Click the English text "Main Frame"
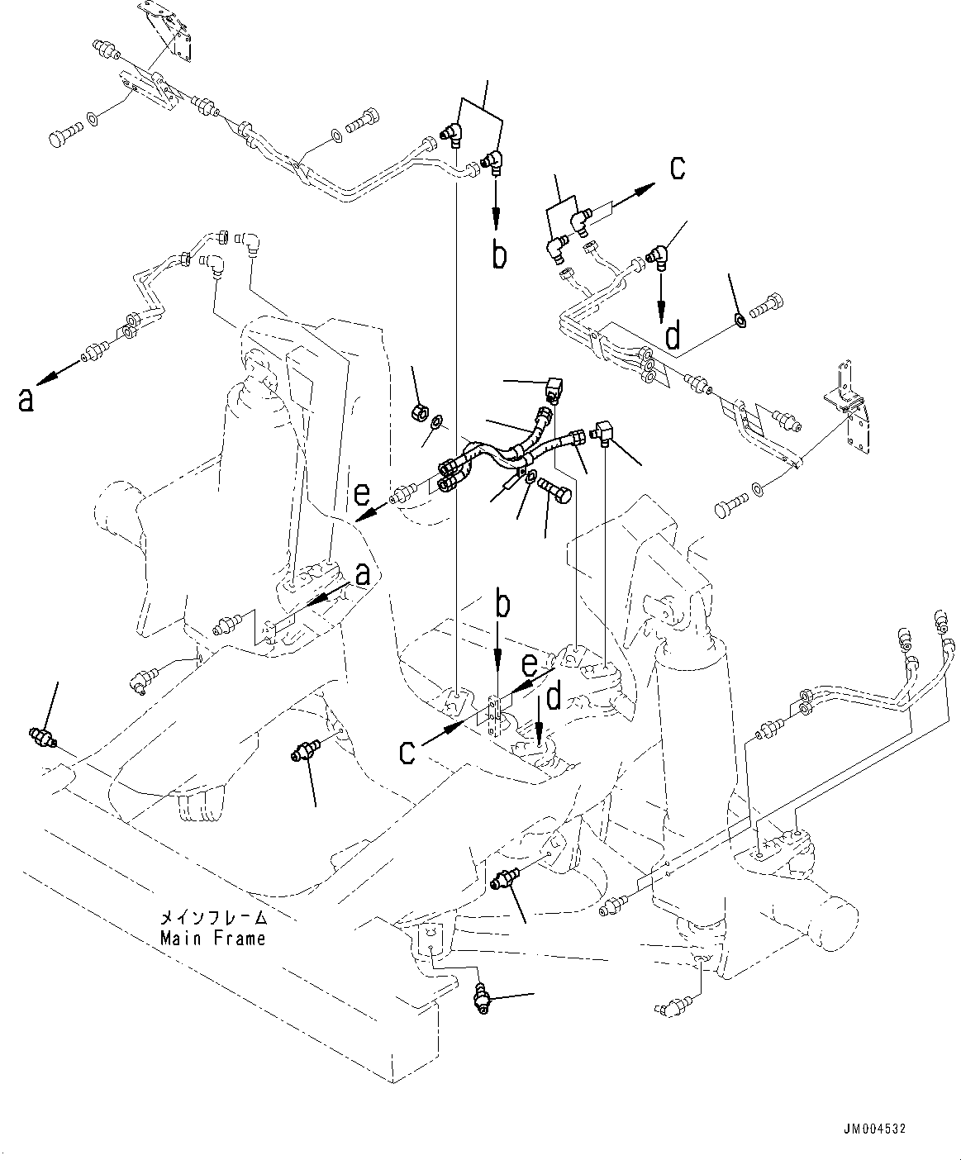[213, 939]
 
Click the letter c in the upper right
[677, 168]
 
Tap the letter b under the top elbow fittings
[498, 255]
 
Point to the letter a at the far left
[27, 399]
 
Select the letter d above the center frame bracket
[554, 696]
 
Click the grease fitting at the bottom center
[482, 998]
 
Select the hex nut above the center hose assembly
[419, 411]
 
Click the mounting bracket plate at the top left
[175, 33]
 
